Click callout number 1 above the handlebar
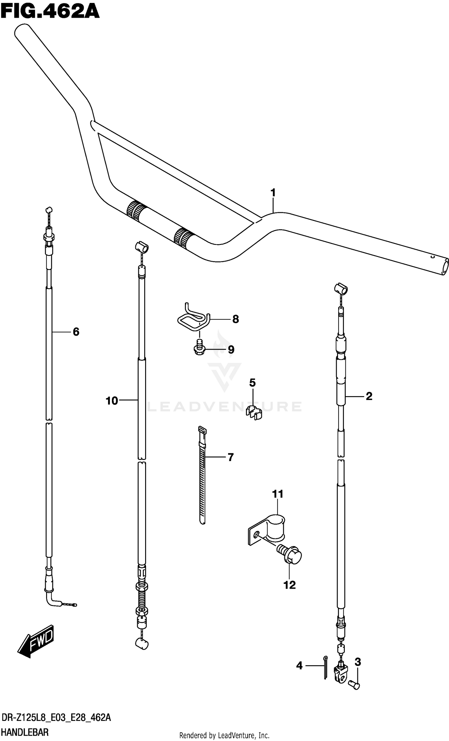pyautogui.click(x=273, y=193)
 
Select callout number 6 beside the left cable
pyautogui.click(x=76, y=332)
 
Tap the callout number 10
pyautogui.click(x=112, y=401)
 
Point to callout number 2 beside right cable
pyautogui.click(x=369, y=396)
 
